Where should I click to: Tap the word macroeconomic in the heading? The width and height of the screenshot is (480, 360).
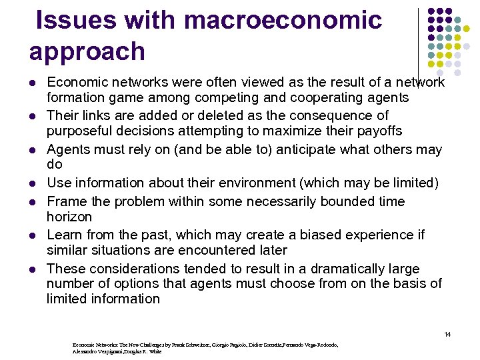click(x=283, y=21)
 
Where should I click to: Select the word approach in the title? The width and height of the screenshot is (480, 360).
click(x=87, y=51)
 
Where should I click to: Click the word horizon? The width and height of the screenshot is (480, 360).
click(x=69, y=217)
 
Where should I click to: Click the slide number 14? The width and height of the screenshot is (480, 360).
click(x=447, y=333)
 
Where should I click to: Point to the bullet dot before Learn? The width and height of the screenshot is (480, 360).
click(x=32, y=235)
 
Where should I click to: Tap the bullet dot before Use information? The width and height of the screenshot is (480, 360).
click(x=32, y=183)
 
